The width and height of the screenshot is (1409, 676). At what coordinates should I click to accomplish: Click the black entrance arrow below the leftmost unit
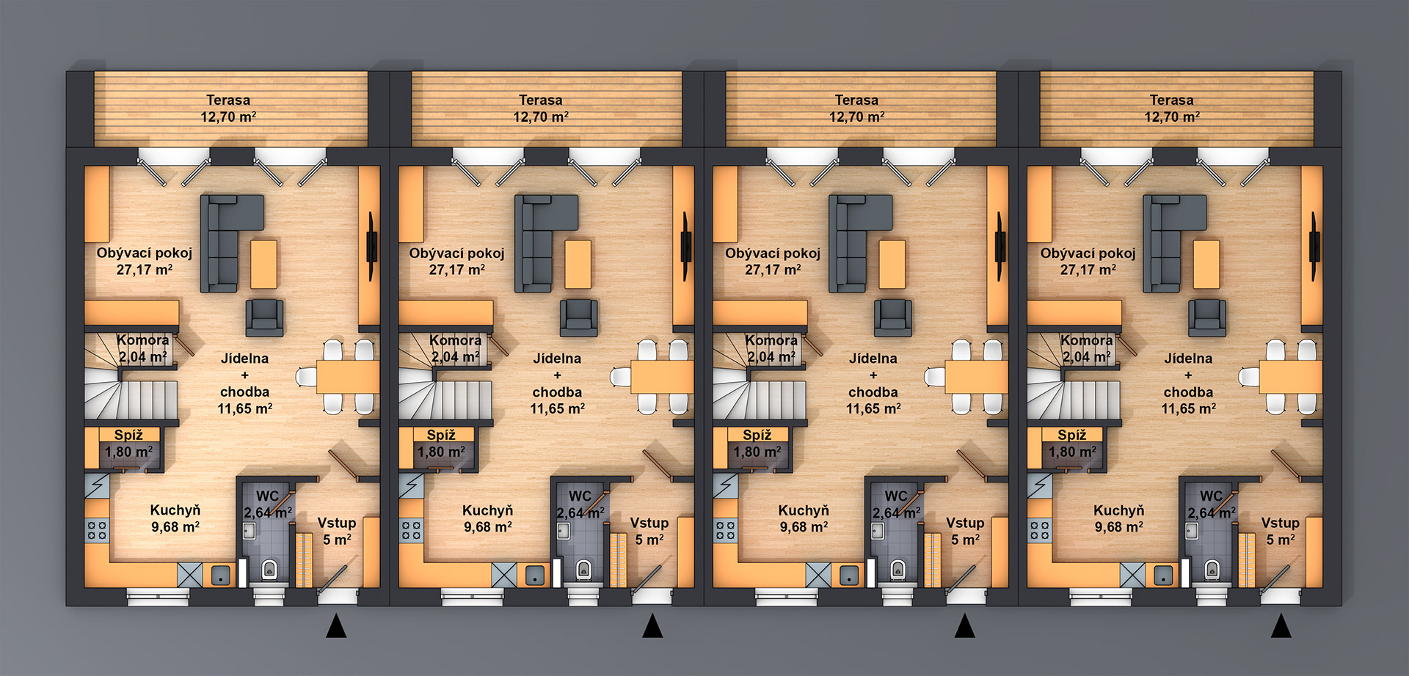[336, 625]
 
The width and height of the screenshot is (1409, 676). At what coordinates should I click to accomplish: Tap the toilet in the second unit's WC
[583, 570]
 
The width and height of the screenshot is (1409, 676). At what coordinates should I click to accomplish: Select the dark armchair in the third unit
[893, 317]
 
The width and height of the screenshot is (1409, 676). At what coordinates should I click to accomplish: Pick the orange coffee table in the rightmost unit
[1206, 265]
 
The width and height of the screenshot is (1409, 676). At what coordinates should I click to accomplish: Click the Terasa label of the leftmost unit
[228, 100]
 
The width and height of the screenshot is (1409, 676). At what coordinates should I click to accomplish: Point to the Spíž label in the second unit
[441, 435]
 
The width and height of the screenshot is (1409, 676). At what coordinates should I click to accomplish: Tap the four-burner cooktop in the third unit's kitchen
[726, 530]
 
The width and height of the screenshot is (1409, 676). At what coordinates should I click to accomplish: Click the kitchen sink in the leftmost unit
[221, 575]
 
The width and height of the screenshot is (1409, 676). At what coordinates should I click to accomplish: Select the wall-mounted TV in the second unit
[686, 246]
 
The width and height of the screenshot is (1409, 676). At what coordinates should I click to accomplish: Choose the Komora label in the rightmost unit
[1086, 340]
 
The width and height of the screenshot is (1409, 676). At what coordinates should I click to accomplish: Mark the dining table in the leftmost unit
[348, 377]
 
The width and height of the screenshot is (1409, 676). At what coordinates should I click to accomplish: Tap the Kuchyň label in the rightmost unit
[1118, 510]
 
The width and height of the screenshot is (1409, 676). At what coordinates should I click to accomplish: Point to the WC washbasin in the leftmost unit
[250, 530]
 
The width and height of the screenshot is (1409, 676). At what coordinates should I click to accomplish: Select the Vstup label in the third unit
[965, 523]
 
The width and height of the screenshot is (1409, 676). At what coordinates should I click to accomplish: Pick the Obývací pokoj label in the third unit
[773, 253]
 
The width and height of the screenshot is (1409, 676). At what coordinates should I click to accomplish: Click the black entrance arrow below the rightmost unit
[1281, 625]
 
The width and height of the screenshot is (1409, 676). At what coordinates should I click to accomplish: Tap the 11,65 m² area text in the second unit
[558, 408]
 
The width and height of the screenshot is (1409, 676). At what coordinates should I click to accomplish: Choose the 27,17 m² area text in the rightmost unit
[1088, 270]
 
